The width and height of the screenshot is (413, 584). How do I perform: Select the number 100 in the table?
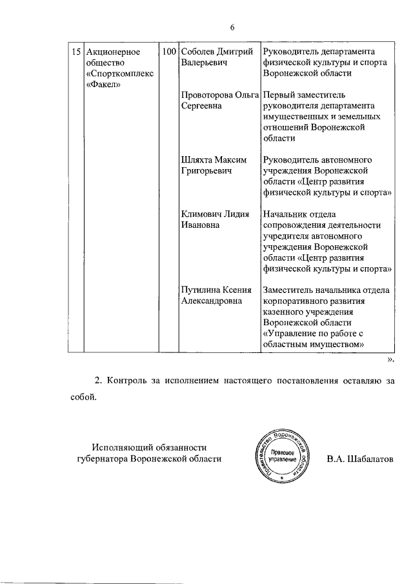pos(170,51)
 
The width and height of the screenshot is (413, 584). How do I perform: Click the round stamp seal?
pos(281,459)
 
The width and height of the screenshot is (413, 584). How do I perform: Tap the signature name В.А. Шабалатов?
pos(359,459)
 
